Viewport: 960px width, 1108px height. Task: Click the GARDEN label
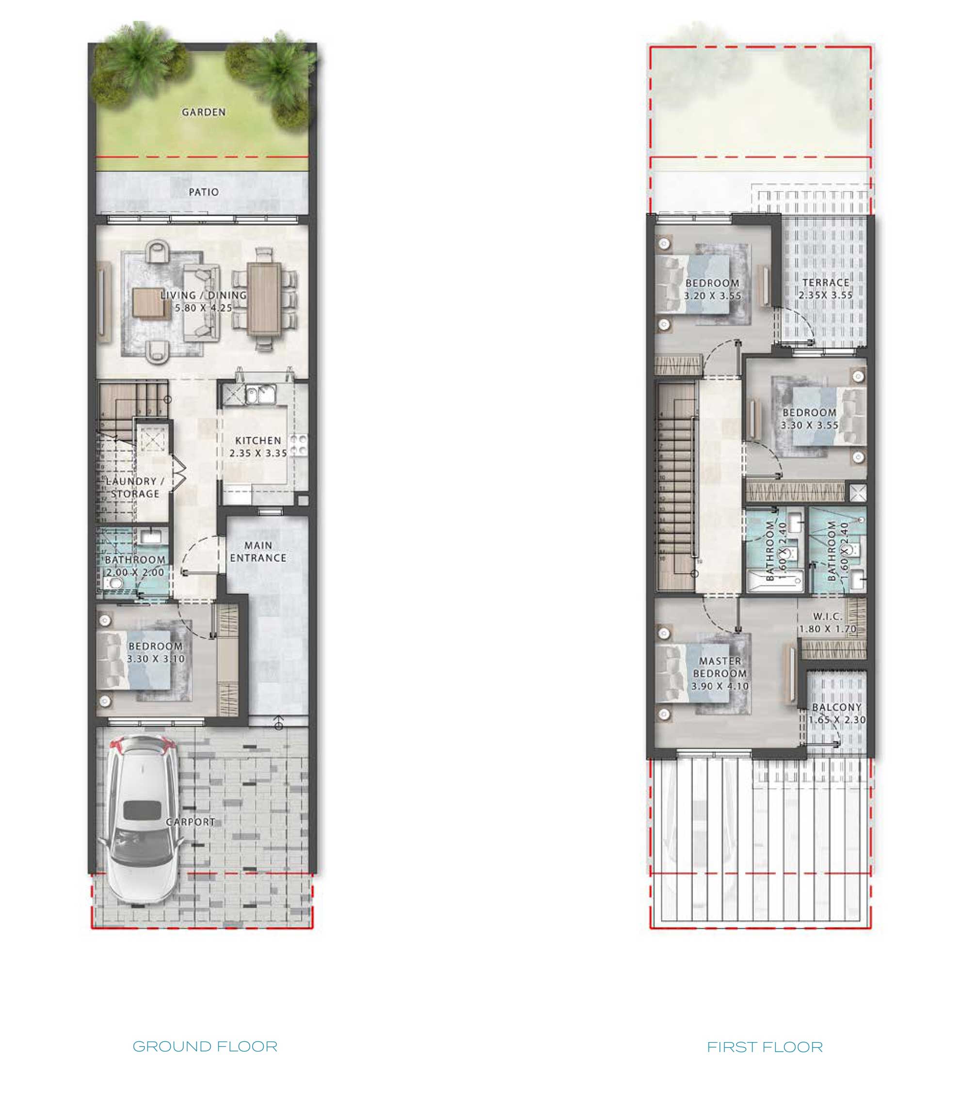pos(204,112)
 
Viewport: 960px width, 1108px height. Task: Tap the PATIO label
pos(204,192)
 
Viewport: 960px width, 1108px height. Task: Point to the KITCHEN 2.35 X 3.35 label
pos(258,446)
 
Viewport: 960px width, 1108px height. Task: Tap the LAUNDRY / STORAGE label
pos(135,487)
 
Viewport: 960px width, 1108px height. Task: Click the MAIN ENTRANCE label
pos(258,552)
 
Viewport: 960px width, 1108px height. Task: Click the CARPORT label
pos(190,822)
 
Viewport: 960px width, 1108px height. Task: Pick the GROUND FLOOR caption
pos(205,1046)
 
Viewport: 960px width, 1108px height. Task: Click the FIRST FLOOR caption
pos(765,1047)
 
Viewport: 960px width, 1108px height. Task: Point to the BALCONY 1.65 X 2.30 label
pos(837,713)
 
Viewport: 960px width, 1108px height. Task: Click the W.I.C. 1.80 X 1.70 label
pos(828,623)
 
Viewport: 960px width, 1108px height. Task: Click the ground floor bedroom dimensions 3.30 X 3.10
pos(156,659)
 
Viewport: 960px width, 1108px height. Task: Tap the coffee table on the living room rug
pos(149,302)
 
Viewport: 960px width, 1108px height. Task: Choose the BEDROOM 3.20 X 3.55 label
pos(713,289)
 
